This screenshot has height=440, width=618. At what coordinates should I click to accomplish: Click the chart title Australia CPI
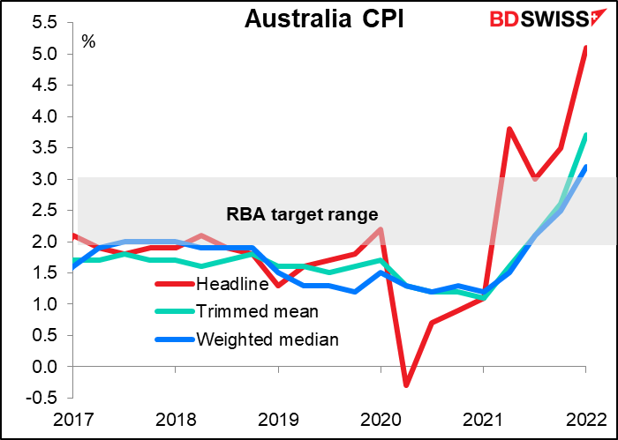click(x=324, y=19)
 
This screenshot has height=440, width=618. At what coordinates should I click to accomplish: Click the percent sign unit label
click(x=88, y=41)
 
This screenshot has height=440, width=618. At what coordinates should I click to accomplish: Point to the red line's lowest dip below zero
click(x=405, y=385)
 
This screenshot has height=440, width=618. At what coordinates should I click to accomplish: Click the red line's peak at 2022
click(x=584, y=48)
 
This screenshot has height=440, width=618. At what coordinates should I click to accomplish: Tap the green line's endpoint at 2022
click(x=584, y=136)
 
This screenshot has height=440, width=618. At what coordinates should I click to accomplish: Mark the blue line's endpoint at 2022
click(x=584, y=168)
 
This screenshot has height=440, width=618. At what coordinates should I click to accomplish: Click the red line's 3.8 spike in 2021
click(x=509, y=129)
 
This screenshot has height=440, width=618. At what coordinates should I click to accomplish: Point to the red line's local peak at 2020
click(x=380, y=229)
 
